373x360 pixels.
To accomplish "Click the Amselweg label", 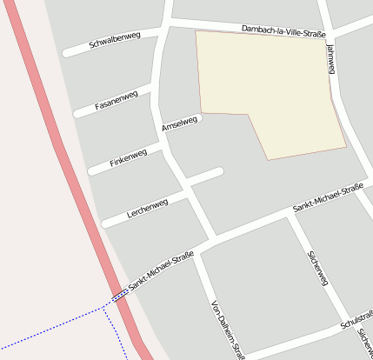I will (180, 124).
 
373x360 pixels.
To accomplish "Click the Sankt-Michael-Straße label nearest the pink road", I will (160, 271).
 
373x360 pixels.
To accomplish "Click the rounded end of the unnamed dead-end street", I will (218, 172).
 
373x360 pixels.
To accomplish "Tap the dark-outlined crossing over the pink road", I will (121, 297).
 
